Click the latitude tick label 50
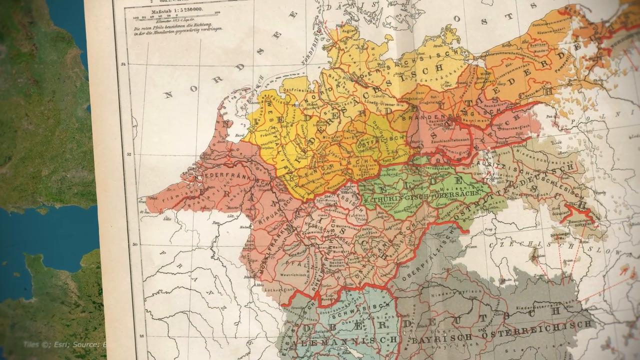point(133,244)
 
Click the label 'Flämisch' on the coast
point(170,195)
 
